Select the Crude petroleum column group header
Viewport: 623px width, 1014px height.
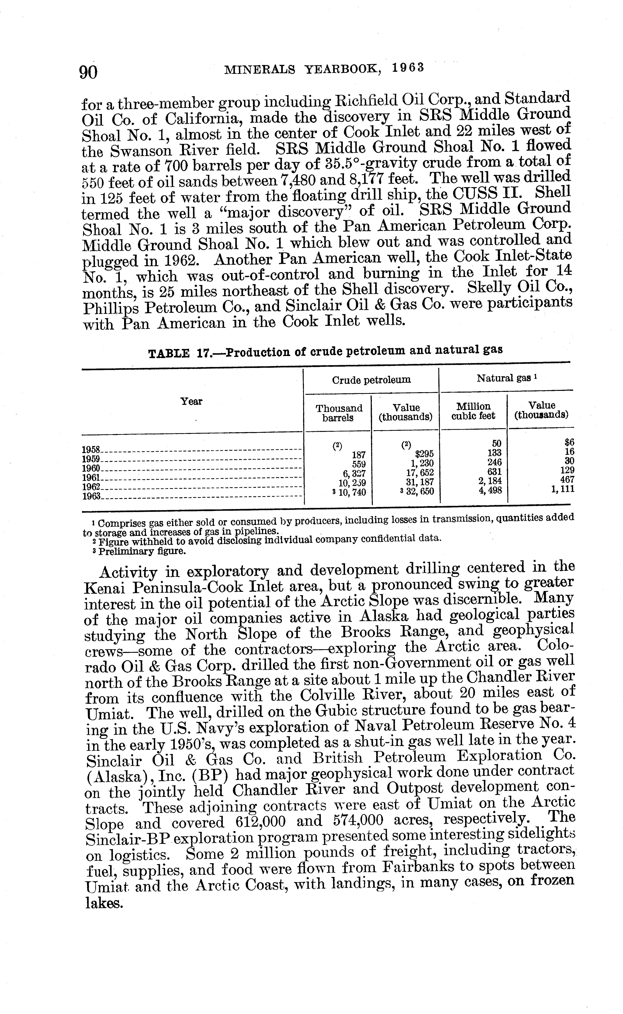coord(371,380)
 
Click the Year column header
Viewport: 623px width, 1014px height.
coord(192,401)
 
